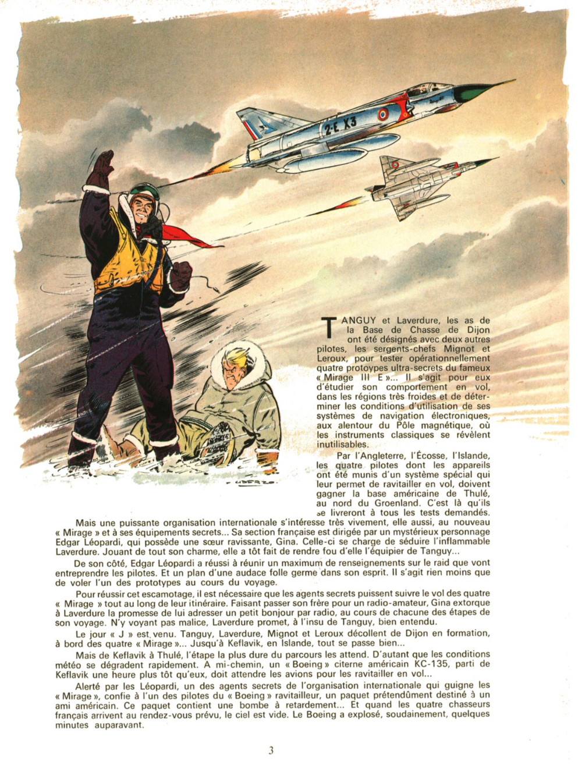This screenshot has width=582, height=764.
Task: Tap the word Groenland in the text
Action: (x=398, y=503)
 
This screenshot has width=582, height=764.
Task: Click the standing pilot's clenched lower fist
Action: (x=180, y=275)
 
